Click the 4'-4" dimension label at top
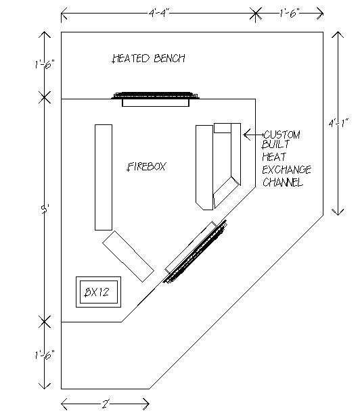[159, 13]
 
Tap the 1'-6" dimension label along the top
[290, 13]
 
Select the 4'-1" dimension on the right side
[338, 123]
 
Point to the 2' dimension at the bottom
[106, 404]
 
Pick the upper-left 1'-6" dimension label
[45, 64]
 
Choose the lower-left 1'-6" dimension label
[45, 354]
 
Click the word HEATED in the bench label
[131, 58]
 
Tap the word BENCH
[170, 58]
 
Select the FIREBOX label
[147, 166]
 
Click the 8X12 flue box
[98, 292]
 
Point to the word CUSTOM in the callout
[282, 135]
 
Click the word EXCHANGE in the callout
[286, 170]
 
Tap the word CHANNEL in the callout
[283, 182]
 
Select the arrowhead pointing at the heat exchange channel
[246, 135]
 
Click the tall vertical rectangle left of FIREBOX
[104, 177]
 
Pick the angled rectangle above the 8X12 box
[128, 257]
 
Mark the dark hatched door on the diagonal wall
[195, 252]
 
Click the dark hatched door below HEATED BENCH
[155, 95]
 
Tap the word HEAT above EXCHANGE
[274, 157]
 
